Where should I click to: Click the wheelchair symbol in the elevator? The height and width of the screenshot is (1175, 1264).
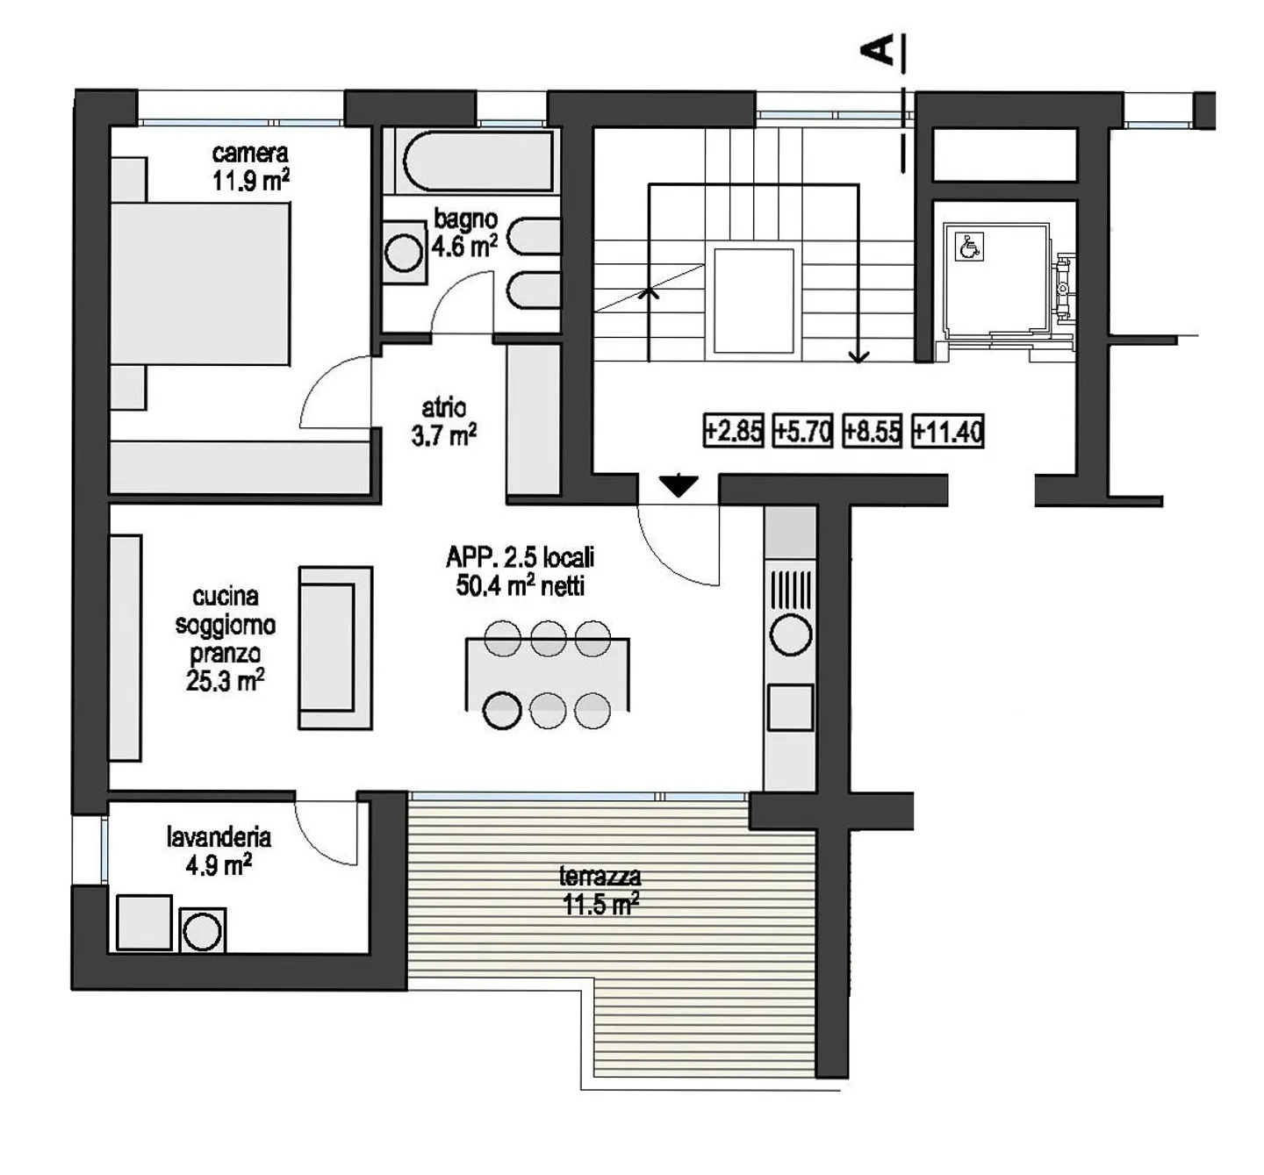pos(969,247)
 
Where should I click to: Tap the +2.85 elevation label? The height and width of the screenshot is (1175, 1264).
pos(733,431)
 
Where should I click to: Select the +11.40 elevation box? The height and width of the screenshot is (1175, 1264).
pos(947,431)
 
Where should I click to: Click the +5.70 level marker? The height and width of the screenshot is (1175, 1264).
pos(802,431)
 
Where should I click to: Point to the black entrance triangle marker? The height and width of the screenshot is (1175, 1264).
pos(679,485)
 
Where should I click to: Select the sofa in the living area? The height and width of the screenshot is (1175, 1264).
pos(334,648)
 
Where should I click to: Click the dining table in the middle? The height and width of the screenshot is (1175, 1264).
pos(547,674)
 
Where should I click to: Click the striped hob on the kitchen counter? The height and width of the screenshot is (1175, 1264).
pos(790,589)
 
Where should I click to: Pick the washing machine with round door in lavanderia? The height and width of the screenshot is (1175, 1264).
pos(203,931)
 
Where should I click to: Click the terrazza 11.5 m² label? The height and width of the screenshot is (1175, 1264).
pos(600,890)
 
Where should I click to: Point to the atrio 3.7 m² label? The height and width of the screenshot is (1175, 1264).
pos(444,421)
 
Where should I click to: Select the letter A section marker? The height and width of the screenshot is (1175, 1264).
pos(878,50)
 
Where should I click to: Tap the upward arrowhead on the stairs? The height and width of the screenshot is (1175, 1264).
pos(649,294)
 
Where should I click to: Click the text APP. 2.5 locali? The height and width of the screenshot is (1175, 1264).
pos(520,557)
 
